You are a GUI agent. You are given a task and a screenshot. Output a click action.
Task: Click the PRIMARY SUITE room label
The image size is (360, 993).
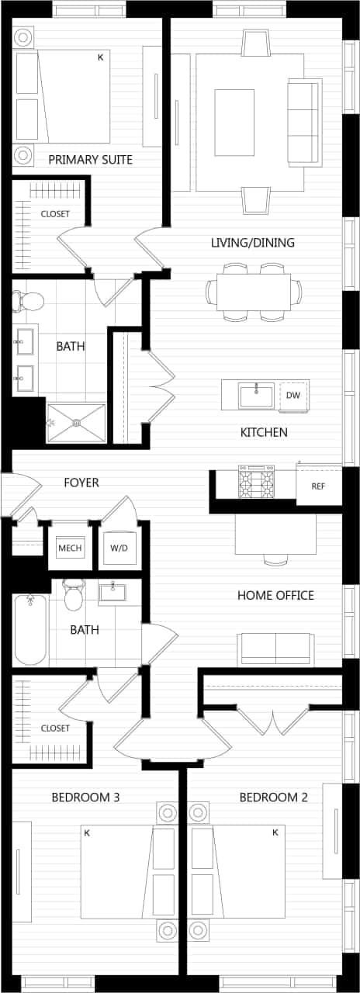coord(90,160)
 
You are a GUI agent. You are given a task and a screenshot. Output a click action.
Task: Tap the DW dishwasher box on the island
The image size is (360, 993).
coord(292,396)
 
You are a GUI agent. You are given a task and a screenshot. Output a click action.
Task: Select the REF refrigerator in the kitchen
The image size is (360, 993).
coord(318,486)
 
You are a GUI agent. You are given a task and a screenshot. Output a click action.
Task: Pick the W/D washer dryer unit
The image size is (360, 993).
coord(119,548)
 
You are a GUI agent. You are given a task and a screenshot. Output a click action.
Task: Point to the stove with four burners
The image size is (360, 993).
coord(256,483)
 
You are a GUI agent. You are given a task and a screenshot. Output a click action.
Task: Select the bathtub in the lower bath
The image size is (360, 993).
coord(30,629)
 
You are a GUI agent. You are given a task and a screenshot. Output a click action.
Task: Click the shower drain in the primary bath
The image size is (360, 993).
coord(76,423)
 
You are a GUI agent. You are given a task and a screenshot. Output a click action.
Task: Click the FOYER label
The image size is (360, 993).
coord(81,483)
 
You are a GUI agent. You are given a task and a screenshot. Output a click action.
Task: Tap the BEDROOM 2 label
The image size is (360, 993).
coord(268,798)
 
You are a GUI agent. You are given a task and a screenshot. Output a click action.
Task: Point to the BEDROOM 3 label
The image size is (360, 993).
coord(85,798)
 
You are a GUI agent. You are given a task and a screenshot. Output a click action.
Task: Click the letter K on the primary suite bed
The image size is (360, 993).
coord(100,57)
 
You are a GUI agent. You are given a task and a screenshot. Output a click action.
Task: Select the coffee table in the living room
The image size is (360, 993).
coord(234,121)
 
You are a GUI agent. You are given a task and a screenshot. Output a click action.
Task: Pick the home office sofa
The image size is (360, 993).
coord(275,649)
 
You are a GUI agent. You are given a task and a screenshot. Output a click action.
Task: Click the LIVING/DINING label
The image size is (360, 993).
coord(253,243)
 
